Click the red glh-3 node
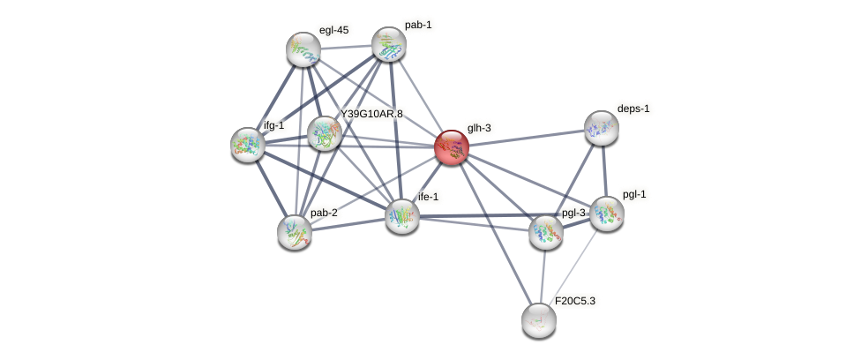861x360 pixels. pos(451,147)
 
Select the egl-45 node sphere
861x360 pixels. pos(303,49)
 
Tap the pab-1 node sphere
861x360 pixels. pos(388,44)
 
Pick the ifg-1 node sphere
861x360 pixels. pos(248,144)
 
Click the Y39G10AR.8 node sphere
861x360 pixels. pos(324,133)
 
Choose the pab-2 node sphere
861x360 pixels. pos(295,231)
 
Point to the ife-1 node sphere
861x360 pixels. pos(402,215)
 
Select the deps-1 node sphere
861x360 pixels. pos(602,128)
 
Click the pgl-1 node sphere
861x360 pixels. pos(607,214)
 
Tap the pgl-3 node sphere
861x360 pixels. pos(546,231)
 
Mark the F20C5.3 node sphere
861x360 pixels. pos(538,319)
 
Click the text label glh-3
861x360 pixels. pos(479,128)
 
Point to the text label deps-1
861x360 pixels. pos(633,109)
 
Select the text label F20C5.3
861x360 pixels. pos(574,301)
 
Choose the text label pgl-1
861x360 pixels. pos(633,194)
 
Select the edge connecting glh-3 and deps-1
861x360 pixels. pos(526,138)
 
